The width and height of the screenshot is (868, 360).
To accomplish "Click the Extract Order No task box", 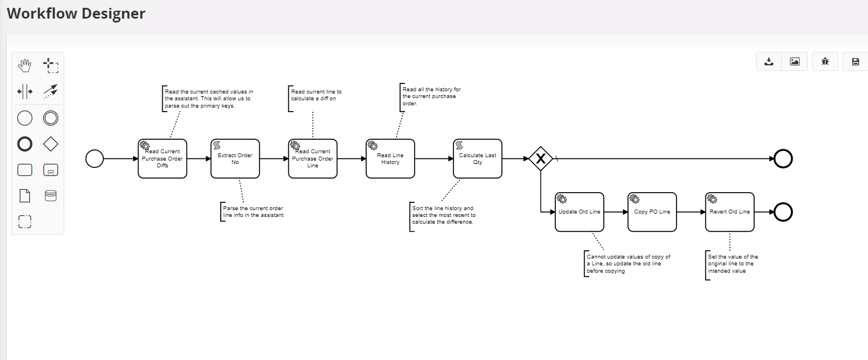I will click(x=235, y=159).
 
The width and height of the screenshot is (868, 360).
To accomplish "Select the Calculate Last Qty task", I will click(x=477, y=159).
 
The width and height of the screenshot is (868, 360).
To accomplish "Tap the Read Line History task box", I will click(x=390, y=159).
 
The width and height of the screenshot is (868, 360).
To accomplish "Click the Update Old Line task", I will click(x=579, y=212).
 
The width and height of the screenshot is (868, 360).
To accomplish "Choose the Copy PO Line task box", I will click(x=652, y=212).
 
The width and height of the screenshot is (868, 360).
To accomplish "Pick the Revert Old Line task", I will click(x=729, y=212).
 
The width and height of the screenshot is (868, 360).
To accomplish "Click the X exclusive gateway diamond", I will click(x=540, y=159).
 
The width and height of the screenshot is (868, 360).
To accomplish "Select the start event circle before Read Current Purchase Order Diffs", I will click(x=95, y=159).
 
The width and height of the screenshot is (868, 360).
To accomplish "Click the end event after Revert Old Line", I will click(x=783, y=212).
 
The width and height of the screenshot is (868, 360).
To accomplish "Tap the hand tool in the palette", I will click(x=25, y=66).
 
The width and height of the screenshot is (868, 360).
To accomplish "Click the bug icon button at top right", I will click(x=825, y=61).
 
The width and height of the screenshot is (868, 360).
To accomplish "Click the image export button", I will click(x=795, y=61).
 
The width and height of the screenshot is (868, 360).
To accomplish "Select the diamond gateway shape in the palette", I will click(x=51, y=144).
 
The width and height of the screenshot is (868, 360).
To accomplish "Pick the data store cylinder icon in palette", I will click(x=51, y=196).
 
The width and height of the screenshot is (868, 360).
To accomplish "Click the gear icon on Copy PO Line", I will click(x=634, y=199).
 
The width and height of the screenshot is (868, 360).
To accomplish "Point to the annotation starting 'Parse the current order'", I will click(x=253, y=212).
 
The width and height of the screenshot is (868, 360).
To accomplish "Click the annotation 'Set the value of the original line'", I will click(x=733, y=264).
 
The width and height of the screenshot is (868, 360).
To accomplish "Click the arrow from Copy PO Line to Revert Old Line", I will click(x=691, y=212).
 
